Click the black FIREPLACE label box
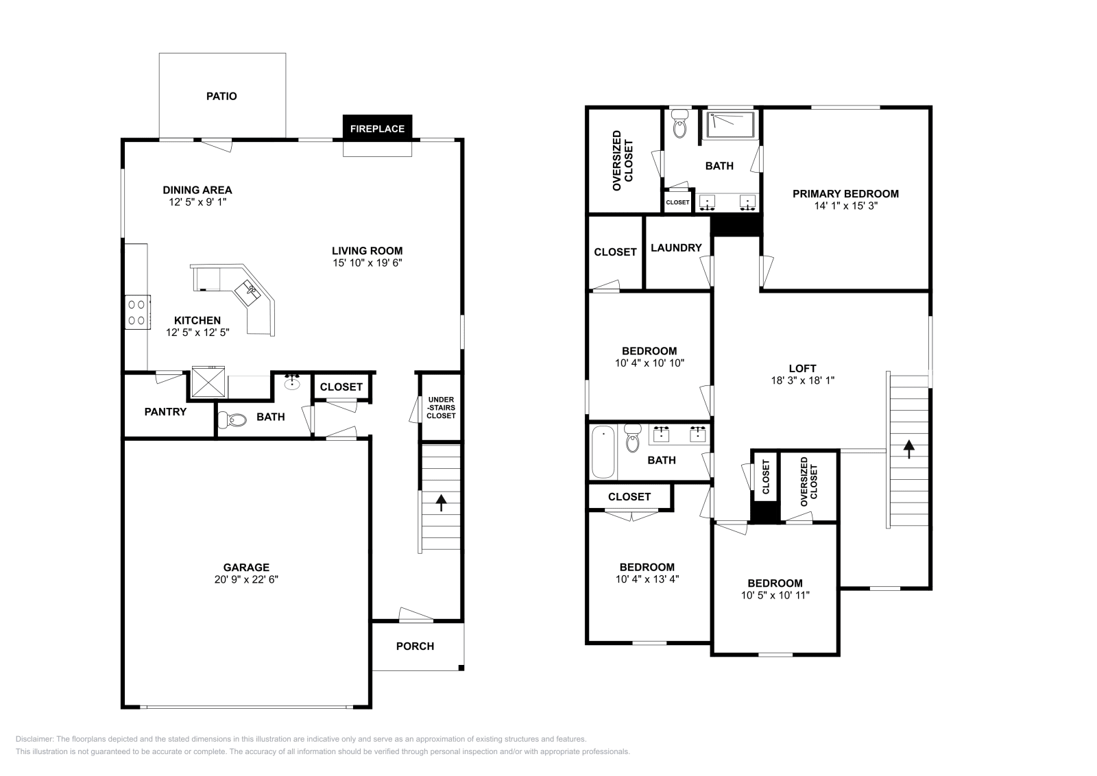coord(377,128)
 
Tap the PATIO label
coord(221,97)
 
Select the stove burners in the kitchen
coord(138,311)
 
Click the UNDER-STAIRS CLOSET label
coord(441,407)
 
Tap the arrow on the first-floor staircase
coord(441,504)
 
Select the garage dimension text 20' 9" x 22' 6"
coord(246,579)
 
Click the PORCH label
coord(415,646)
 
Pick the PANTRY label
coord(165,411)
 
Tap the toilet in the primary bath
coord(680,126)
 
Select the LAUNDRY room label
coord(676,247)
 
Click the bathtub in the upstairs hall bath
coord(603,452)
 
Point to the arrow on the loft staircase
coord(909,449)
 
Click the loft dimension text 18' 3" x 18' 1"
coord(802,380)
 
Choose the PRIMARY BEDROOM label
coord(845,193)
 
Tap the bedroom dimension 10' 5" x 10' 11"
coord(775,595)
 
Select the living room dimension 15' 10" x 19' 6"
coord(367,263)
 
